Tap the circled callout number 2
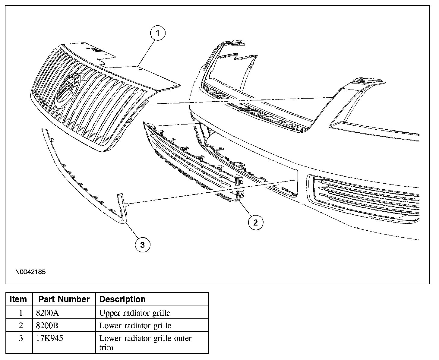[255, 223]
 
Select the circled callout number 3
[142, 245]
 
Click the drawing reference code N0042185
[30, 272]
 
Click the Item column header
[19, 299]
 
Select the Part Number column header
[64, 299]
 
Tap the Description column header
[122, 299]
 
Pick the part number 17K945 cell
[49, 338]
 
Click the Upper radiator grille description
[135, 313]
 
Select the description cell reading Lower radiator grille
[135, 326]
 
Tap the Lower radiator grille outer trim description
[145, 343]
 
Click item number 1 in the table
[21, 313]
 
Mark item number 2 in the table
[21, 326]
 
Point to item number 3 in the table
[21, 338]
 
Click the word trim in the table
[106, 348]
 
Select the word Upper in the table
[108, 313]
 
